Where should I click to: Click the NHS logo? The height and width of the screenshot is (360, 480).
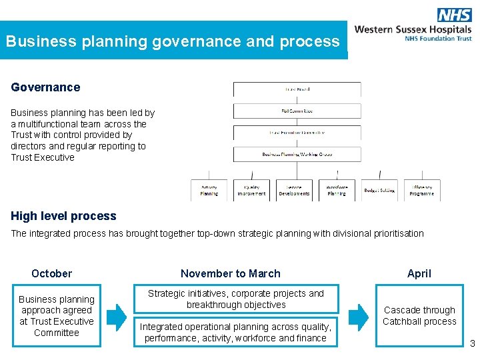(454, 15)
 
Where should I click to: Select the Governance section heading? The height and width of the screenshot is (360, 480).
(45, 87)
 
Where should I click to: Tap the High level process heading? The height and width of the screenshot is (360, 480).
(63, 216)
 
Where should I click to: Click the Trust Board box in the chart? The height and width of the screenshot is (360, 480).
(297, 89)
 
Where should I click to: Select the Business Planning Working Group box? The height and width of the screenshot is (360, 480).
(297, 154)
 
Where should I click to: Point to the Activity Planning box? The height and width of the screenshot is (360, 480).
(209, 190)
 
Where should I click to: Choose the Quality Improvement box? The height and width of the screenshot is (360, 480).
(251, 190)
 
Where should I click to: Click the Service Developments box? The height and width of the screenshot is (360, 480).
(294, 190)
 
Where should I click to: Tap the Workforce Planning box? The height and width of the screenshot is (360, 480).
(337, 190)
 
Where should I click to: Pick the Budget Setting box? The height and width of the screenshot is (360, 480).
(379, 190)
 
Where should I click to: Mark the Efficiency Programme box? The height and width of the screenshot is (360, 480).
(422, 190)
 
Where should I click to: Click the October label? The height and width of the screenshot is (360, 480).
(51, 273)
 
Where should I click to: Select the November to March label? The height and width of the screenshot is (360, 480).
(231, 273)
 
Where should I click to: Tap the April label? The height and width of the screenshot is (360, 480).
(419, 273)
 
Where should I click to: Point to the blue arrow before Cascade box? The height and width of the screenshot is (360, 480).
(358, 317)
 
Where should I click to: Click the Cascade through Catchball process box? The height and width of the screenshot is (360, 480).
(419, 315)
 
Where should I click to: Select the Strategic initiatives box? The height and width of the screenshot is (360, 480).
(236, 299)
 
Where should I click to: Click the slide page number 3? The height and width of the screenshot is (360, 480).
(473, 344)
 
